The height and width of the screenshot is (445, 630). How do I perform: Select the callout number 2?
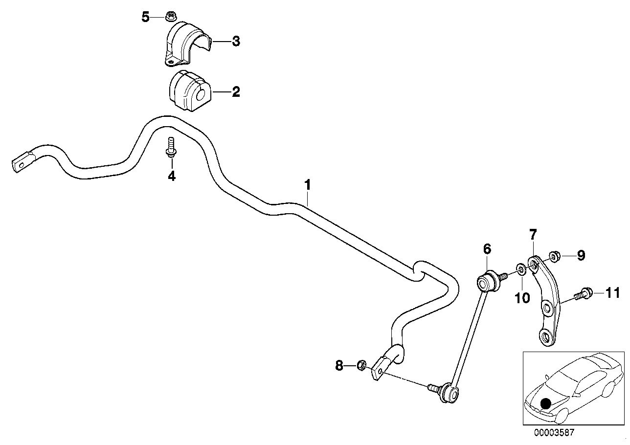[236, 92]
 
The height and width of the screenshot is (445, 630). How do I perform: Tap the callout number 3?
[236, 42]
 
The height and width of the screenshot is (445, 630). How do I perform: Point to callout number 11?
[612, 293]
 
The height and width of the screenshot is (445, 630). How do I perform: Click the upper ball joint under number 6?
[486, 282]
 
